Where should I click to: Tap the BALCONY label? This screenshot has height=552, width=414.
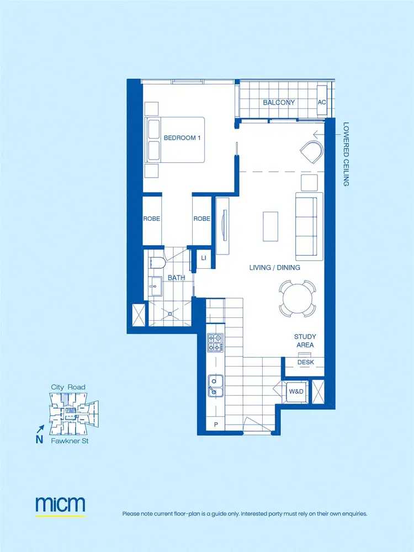(279, 103)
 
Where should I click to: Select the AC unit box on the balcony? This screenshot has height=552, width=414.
(322, 103)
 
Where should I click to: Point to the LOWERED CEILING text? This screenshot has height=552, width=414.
(346, 154)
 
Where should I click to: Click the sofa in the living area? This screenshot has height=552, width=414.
(309, 226)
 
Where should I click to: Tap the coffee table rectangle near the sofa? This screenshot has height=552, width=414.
(269, 226)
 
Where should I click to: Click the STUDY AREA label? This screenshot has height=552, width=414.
(304, 341)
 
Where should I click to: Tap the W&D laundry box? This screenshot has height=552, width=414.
(296, 391)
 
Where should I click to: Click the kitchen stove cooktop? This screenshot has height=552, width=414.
(214, 343)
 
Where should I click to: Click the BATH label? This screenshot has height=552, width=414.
(177, 278)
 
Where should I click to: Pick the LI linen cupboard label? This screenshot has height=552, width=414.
(203, 258)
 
